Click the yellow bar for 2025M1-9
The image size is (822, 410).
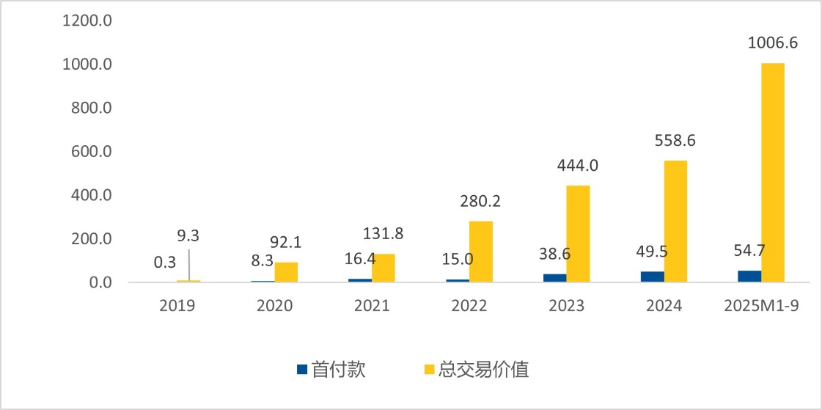tap(773, 172)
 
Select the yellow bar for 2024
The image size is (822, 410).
tap(675, 221)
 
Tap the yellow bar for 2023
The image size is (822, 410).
tap(578, 233)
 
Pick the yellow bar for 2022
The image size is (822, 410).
tap(481, 252)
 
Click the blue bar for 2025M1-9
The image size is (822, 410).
tap(749, 277)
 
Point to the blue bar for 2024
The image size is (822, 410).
tap(653, 277)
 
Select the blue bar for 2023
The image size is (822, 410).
tap(555, 278)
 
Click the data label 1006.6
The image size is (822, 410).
tap(773, 43)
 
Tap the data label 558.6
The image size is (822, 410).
tap(675, 141)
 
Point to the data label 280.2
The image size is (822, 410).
tap(480, 201)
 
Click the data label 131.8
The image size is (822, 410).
tap(383, 234)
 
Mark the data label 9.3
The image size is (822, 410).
tap(188, 237)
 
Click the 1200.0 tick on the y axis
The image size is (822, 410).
tap(87, 21)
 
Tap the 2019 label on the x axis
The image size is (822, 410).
tap(177, 306)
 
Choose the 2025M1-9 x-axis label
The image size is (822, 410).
tap(760, 306)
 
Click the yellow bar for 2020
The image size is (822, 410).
tap(286, 272)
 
